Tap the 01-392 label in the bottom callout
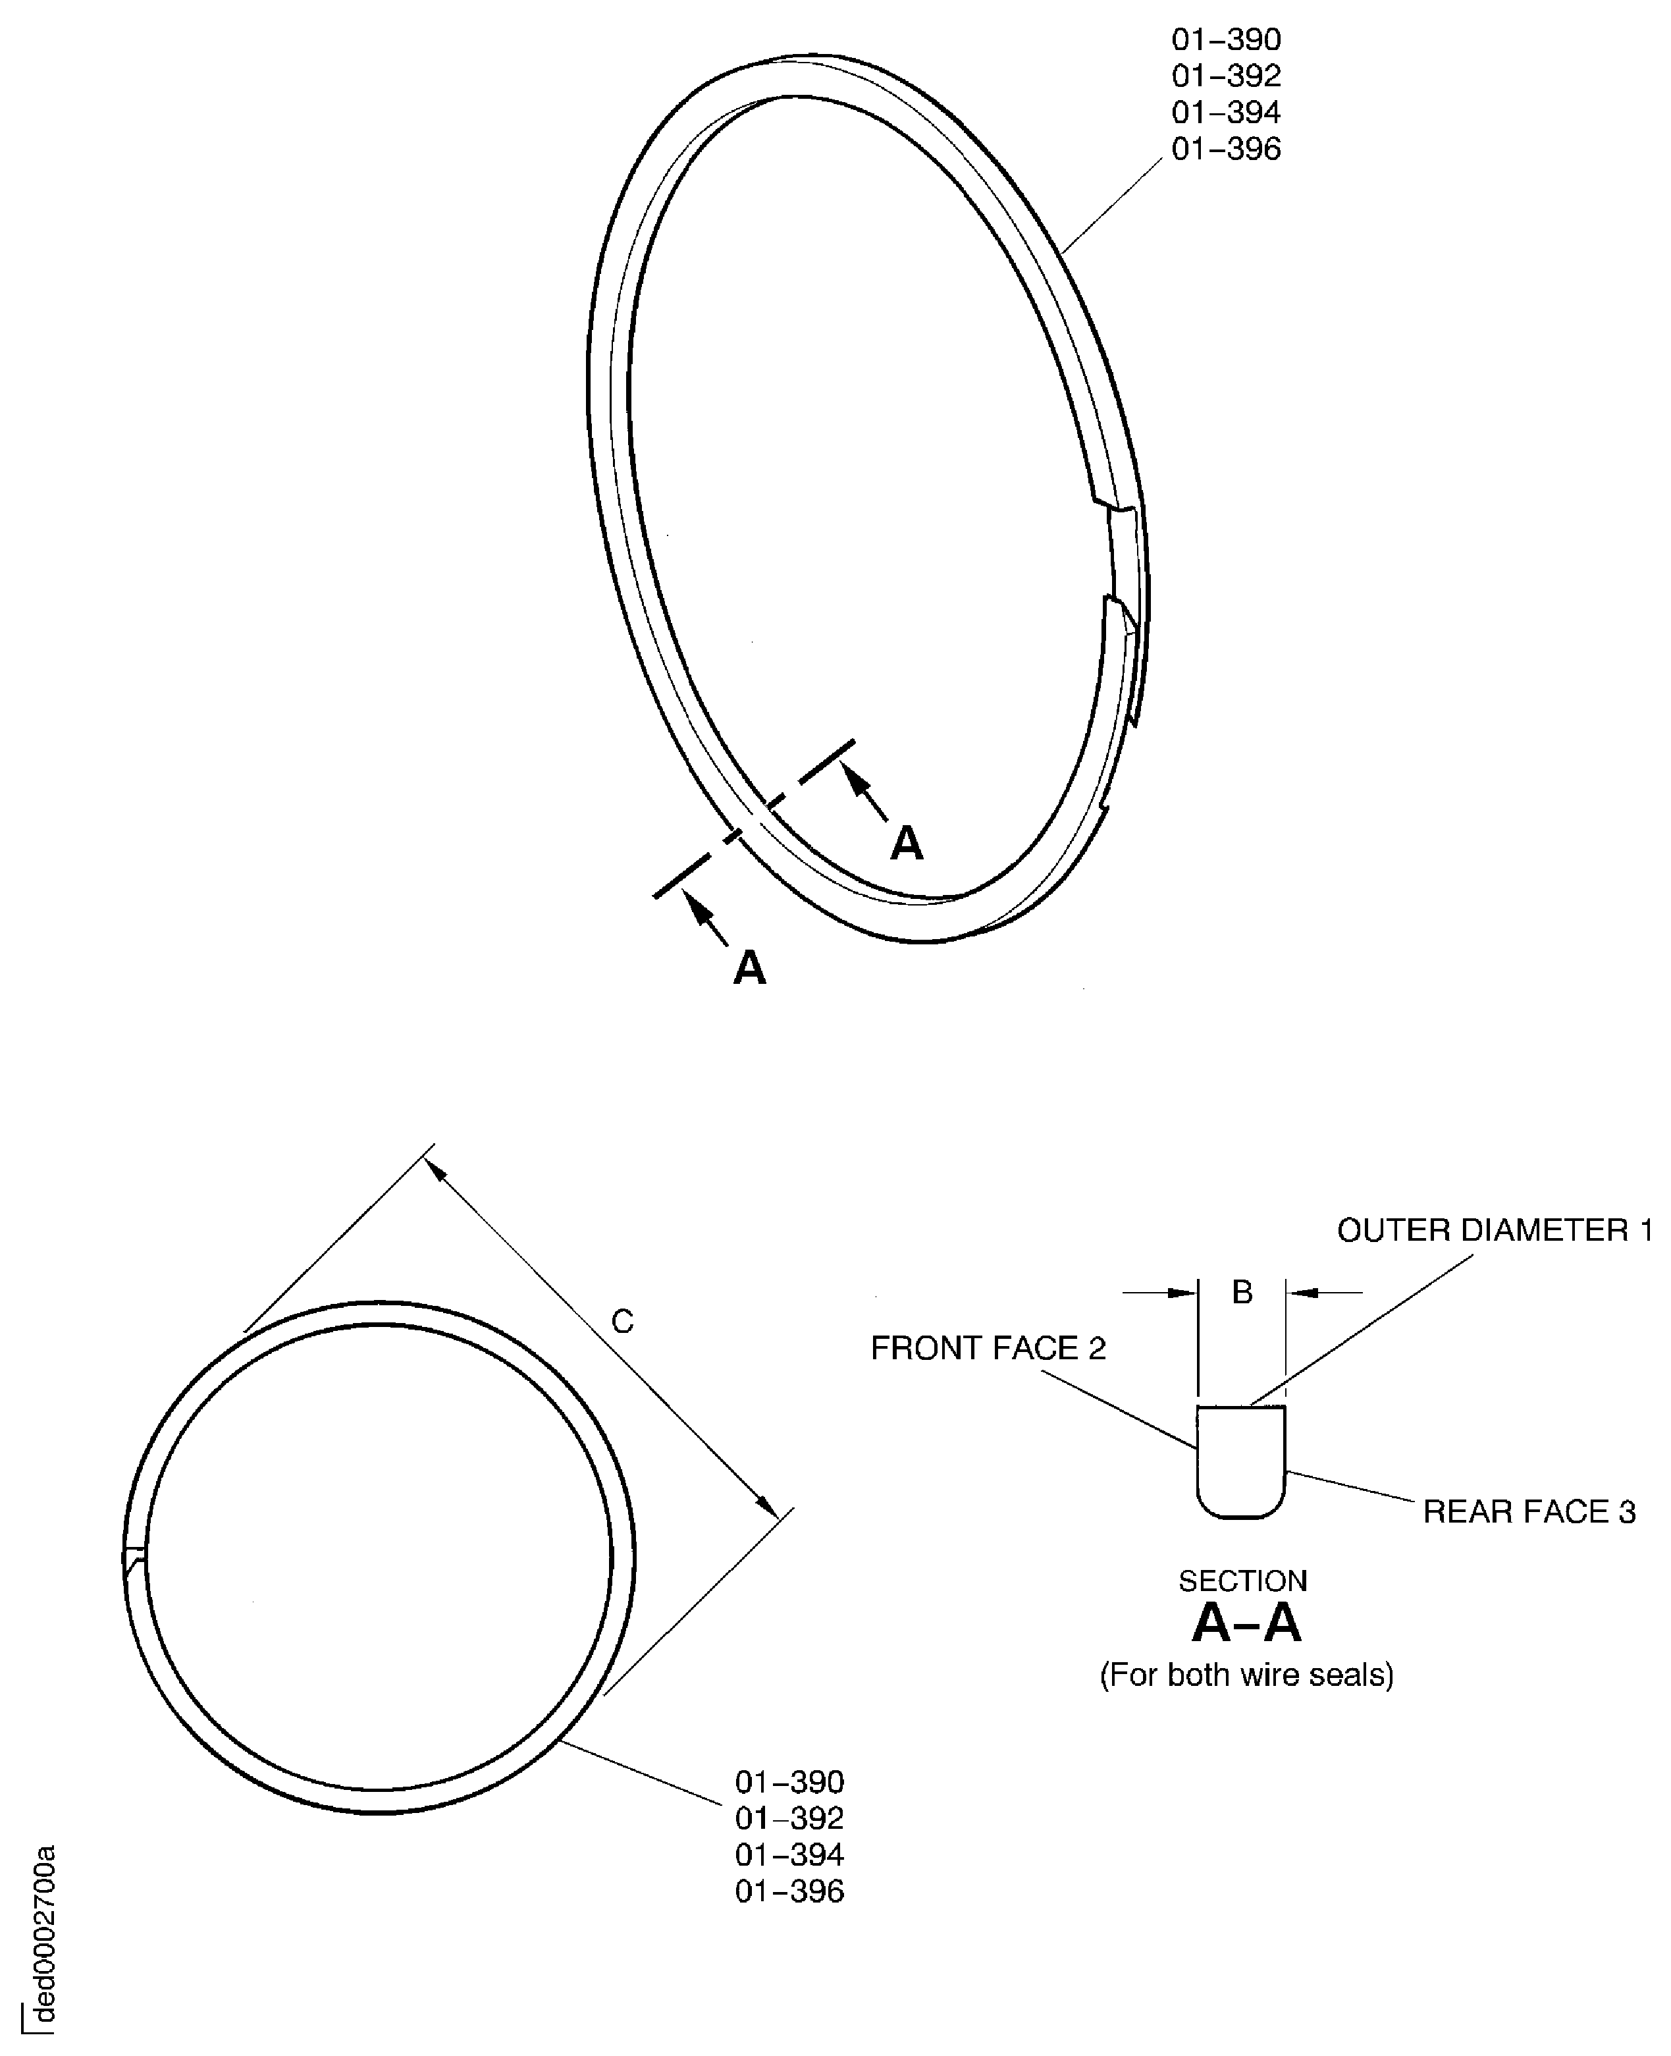click(x=789, y=1818)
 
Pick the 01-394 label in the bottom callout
click(x=789, y=1855)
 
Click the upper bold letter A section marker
click(x=906, y=844)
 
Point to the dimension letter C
click(x=623, y=1322)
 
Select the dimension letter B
click(x=1242, y=1293)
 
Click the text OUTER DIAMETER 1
click(x=1494, y=1230)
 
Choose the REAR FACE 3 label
click(x=1529, y=1512)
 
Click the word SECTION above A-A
click(x=1242, y=1581)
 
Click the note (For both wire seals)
click(x=1246, y=1675)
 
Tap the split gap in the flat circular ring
click(x=135, y=1556)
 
